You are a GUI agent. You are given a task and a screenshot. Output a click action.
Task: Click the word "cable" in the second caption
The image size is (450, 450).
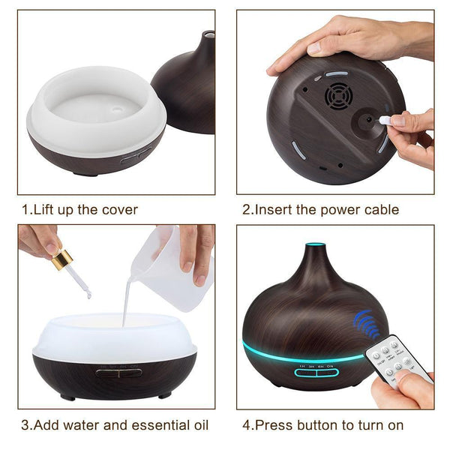(x=379, y=209)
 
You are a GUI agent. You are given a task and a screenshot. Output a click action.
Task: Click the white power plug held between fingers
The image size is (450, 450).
(x=383, y=120)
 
